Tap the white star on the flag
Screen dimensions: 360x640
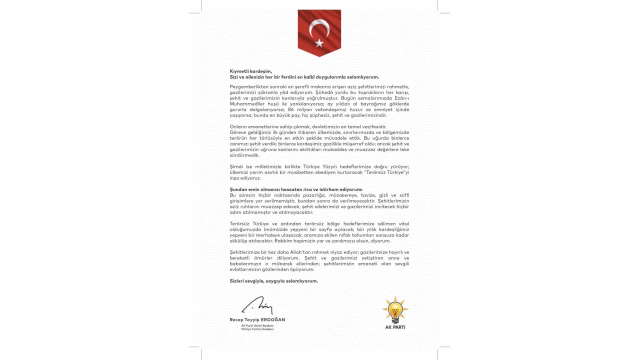(x=319, y=43)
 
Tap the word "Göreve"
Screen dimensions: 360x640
(x=238, y=132)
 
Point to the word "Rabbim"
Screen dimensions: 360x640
(x=305, y=240)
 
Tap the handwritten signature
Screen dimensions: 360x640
(x=257, y=305)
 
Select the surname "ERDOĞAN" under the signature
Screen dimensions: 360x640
(x=273, y=319)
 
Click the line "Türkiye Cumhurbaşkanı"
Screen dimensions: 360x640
(x=257, y=329)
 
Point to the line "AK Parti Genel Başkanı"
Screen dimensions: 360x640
(x=257, y=325)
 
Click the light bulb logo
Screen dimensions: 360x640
(x=395, y=310)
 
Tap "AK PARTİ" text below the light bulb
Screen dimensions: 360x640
(x=395, y=327)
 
